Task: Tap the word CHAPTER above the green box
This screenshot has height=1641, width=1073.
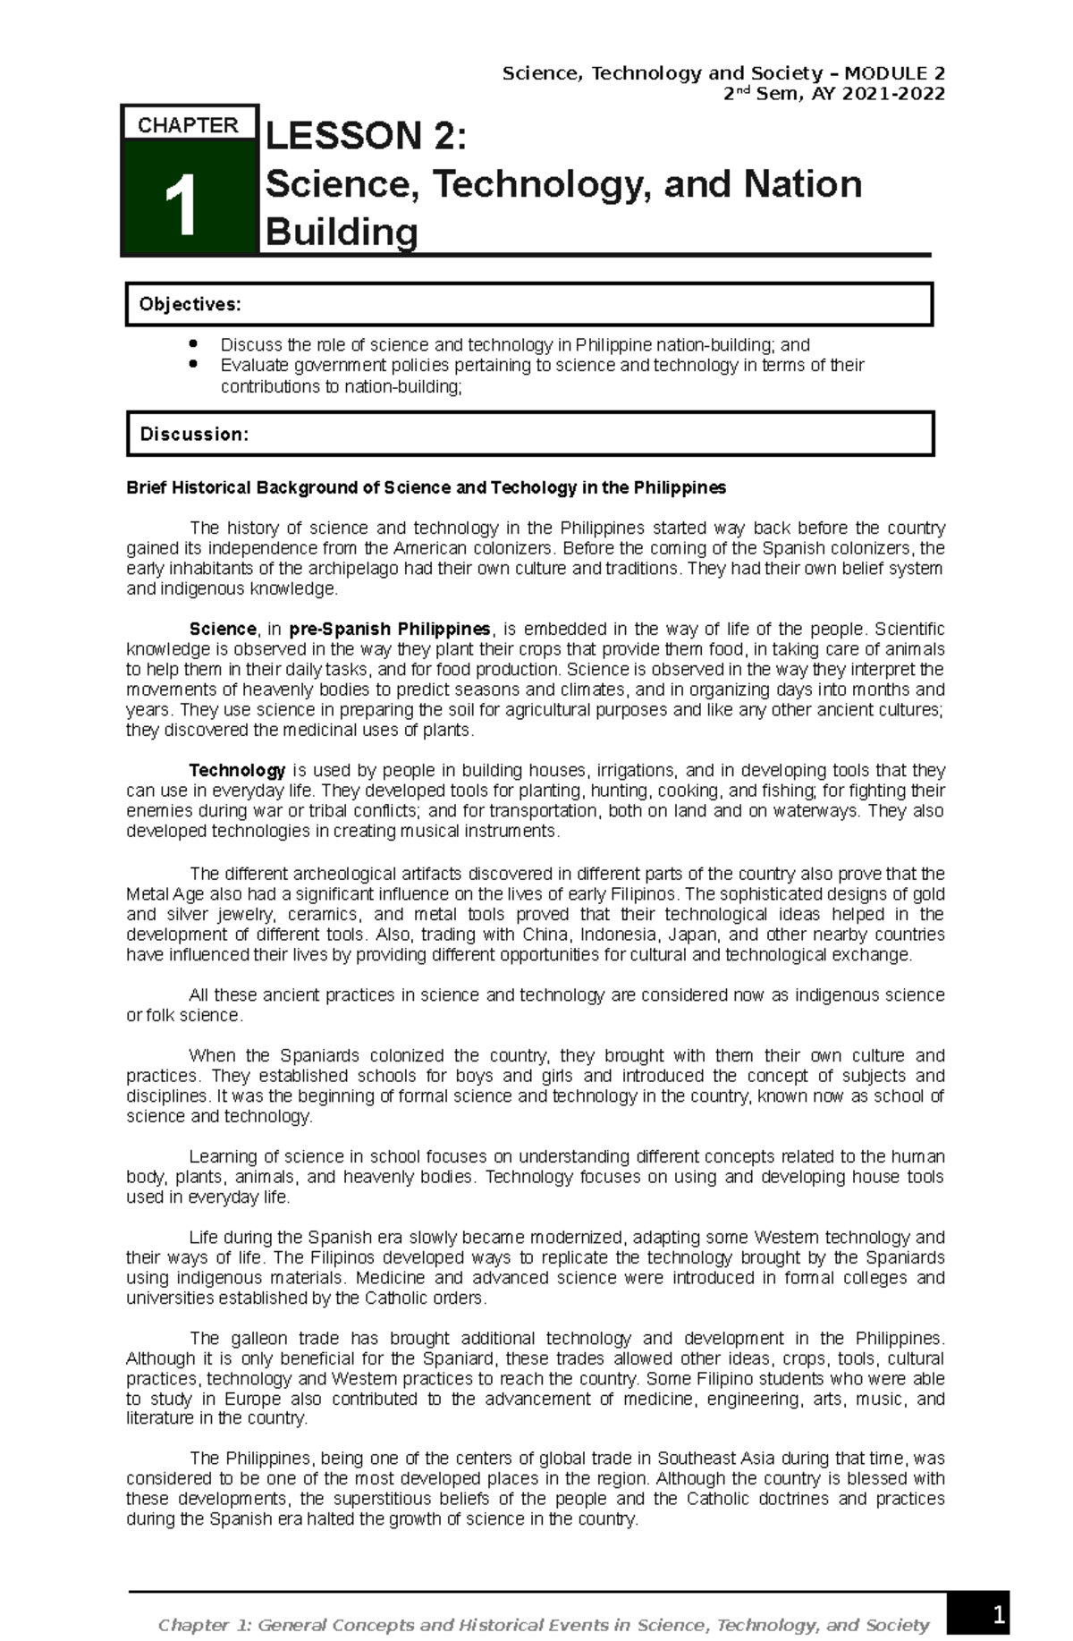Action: [188, 125]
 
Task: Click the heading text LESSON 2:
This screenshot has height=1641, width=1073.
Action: [367, 137]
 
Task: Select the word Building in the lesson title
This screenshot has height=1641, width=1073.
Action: [342, 233]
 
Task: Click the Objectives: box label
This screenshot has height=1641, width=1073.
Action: [190, 305]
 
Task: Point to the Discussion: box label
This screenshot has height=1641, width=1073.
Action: [194, 435]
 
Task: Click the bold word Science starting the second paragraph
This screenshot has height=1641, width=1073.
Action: [222, 629]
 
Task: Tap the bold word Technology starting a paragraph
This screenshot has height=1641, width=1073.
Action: [237, 770]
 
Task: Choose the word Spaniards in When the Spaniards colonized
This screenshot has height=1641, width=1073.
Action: [319, 1055]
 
